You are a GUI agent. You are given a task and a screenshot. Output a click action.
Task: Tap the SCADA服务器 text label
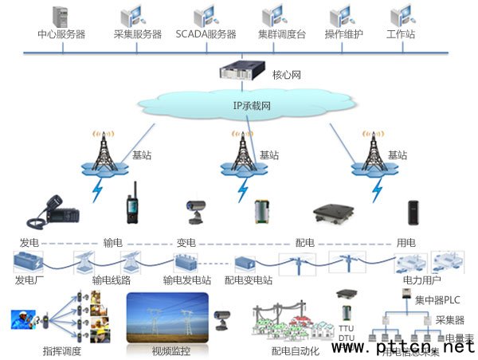coord(206,35)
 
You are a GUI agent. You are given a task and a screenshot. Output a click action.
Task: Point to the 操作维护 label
coord(344,35)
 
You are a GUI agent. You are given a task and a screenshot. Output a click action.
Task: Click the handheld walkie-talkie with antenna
coord(132,209)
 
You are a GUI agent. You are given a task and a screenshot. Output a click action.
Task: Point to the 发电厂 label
coord(31,280)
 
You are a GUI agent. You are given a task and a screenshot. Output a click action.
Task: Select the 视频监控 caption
coord(168,350)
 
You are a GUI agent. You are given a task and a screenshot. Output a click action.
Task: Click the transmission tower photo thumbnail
coord(168,318)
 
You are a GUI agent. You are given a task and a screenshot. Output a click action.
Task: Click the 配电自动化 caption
coord(295,350)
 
